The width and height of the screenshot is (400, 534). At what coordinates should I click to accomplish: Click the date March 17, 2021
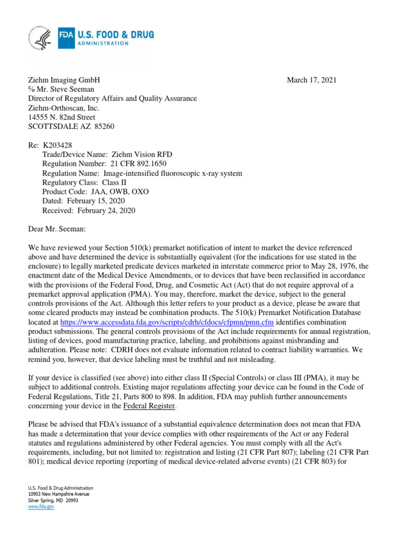click(x=311, y=80)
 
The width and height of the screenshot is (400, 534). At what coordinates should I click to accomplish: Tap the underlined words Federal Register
click(x=153, y=406)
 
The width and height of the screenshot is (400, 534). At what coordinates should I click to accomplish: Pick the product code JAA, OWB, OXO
click(x=119, y=192)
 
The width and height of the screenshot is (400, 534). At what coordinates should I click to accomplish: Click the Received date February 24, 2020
click(x=106, y=211)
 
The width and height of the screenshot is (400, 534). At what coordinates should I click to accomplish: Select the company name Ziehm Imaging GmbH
click(x=64, y=80)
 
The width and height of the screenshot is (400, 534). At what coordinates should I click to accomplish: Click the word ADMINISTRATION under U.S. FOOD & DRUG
click(x=103, y=43)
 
